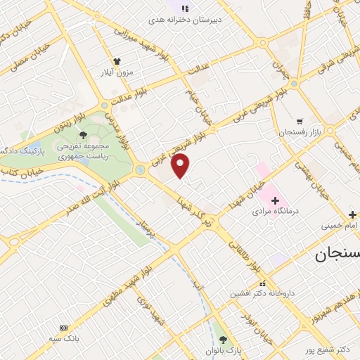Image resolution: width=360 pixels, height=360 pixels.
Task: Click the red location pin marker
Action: (181, 166)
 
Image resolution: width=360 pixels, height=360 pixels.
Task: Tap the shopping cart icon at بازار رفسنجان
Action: (300, 121)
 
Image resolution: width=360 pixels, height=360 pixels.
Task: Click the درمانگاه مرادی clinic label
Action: (276, 210)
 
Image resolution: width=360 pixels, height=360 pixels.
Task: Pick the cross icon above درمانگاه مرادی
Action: (276, 200)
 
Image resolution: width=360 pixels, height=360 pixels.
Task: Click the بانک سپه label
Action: (65, 338)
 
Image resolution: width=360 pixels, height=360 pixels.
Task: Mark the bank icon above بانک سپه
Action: (64, 328)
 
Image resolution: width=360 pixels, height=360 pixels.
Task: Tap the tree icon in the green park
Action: (84, 134)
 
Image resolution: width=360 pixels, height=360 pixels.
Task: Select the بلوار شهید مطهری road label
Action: (129, 277)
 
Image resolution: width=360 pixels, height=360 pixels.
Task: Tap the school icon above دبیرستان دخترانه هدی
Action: (185, 8)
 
